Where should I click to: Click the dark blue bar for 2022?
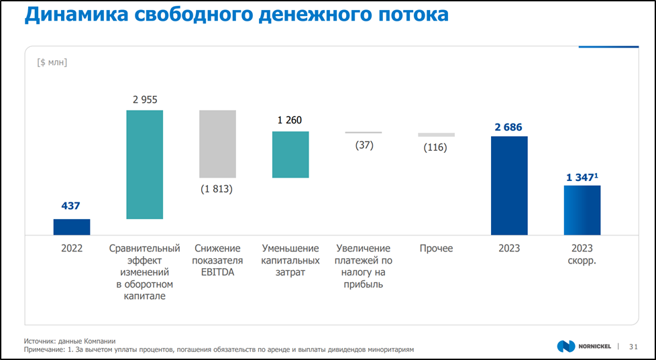(72, 227)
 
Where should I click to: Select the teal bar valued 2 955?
(145, 164)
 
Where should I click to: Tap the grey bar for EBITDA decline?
(217, 143)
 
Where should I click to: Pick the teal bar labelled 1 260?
(290, 154)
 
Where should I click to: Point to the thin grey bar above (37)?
(364, 133)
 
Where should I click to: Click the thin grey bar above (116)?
(436, 135)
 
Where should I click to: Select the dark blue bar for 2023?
(509, 186)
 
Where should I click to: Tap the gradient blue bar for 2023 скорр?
(582, 210)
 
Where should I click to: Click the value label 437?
(70, 206)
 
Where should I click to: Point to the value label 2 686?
(508, 127)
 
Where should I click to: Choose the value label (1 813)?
(217, 189)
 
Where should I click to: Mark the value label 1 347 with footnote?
(581, 177)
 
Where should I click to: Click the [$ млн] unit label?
(52, 62)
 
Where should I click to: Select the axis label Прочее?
(436, 249)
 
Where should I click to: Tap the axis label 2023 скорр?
(582, 255)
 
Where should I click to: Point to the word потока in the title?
(410, 15)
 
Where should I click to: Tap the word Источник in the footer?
(42, 341)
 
